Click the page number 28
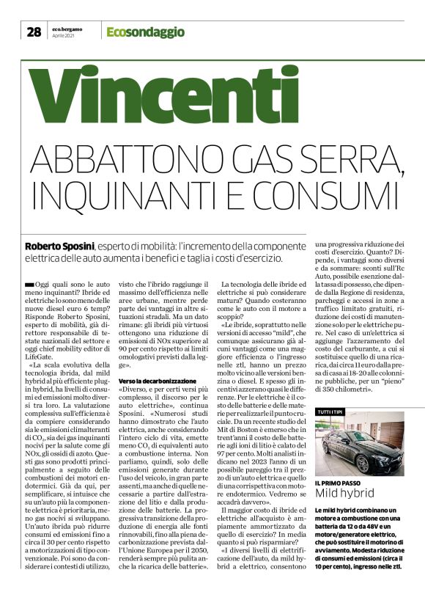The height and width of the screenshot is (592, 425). click(34, 32)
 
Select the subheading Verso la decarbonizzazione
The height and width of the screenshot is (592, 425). click(157, 381)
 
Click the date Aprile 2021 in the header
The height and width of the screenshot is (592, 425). click(64, 36)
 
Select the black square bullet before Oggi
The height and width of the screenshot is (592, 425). click(29, 283)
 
